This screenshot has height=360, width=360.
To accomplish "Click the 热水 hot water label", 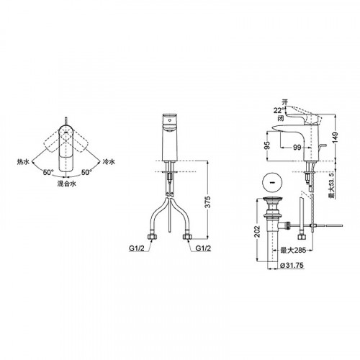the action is coord(23,162).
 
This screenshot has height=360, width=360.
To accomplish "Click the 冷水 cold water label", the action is coord(109,162).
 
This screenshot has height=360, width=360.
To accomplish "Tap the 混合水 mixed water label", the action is coord(67,184).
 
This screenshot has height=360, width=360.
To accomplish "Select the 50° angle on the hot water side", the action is coord(48,172).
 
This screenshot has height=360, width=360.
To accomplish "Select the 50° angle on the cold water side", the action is coord(86,172).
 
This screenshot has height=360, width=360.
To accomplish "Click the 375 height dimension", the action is coord(207,202).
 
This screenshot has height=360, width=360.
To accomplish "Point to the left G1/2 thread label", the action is coord(137,248).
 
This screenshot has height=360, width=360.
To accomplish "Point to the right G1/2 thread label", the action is coord(203,248).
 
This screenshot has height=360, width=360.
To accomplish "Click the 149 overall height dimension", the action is coord(335,138).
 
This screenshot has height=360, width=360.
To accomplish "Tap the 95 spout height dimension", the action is coord(267,145).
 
